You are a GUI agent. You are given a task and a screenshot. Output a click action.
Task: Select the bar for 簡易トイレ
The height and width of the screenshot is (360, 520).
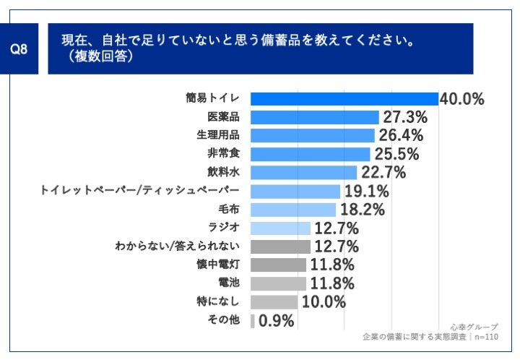click(x=344, y=99)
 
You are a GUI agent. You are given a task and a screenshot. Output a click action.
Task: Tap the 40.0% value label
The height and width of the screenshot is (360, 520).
click(x=461, y=99)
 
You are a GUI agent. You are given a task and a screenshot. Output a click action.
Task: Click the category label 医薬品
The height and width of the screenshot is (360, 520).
click(x=224, y=117)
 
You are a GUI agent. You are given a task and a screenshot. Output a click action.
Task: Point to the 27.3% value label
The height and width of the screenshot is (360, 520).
click(x=404, y=117)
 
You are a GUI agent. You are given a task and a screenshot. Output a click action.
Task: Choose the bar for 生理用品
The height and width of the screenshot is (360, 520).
click(x=312, y=135)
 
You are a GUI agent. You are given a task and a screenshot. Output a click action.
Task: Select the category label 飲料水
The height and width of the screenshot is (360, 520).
click(x=224, y=172)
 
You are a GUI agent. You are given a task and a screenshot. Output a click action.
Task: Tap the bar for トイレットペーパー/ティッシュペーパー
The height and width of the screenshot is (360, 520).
click(x=295, y=191)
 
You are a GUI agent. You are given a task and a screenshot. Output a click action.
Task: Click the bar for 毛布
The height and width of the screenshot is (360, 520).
click(x=292, y=210)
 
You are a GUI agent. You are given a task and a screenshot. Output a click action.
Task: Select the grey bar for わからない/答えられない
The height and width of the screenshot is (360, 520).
click(x=280, y=247)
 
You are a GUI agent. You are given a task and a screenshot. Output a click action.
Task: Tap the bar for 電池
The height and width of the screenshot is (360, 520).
click(x=278, y=283)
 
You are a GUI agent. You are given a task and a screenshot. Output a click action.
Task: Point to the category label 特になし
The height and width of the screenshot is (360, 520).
click(x=223, y=302)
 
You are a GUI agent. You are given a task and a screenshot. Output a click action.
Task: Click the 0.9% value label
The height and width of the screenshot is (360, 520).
click(x=276, y=321)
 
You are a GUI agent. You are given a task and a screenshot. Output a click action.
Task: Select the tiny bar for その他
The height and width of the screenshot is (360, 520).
click(x=252, y=321)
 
